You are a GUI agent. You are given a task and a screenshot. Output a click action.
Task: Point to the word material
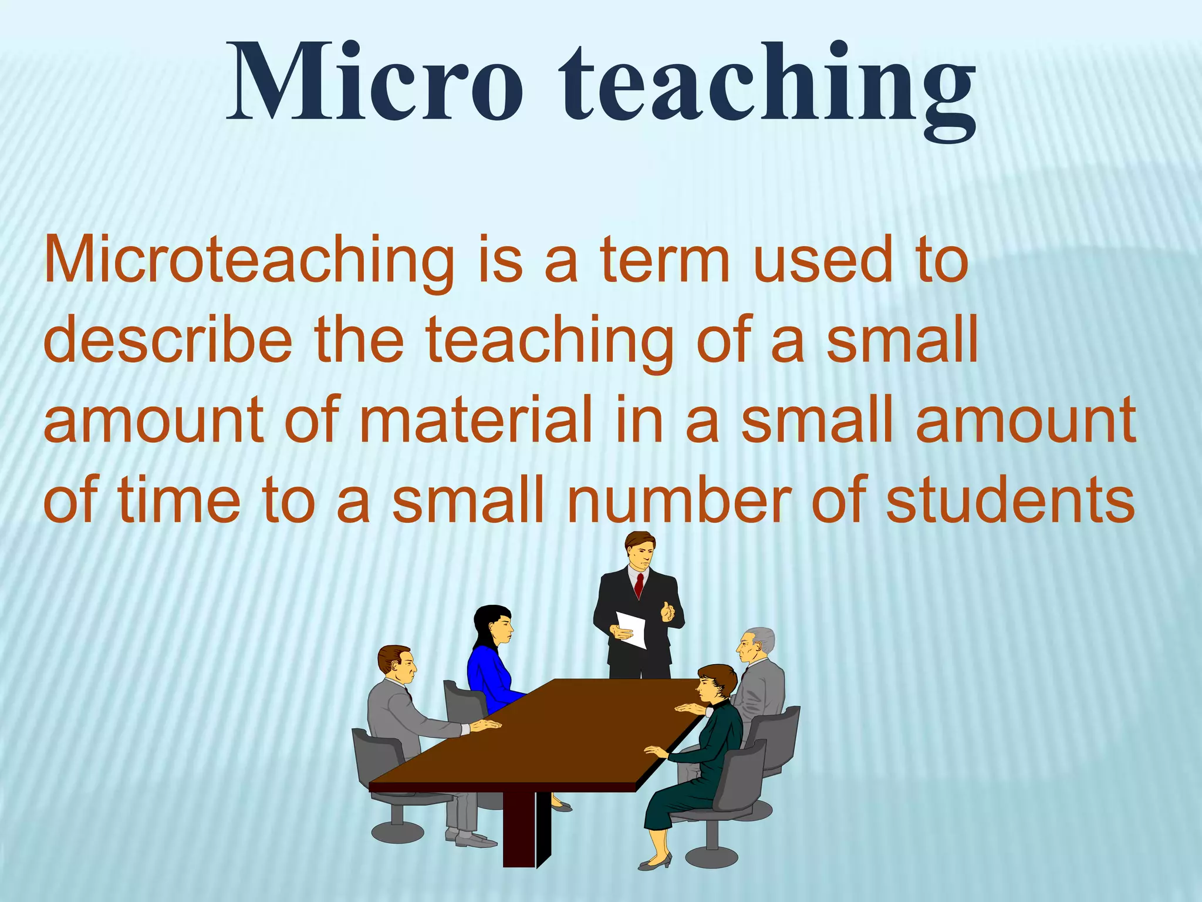click(475, 420)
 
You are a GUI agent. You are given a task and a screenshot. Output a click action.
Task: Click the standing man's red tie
click(639, 584)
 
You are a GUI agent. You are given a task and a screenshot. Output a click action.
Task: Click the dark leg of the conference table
click(520, 828)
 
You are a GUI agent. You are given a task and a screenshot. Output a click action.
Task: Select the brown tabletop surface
click(558, 734)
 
